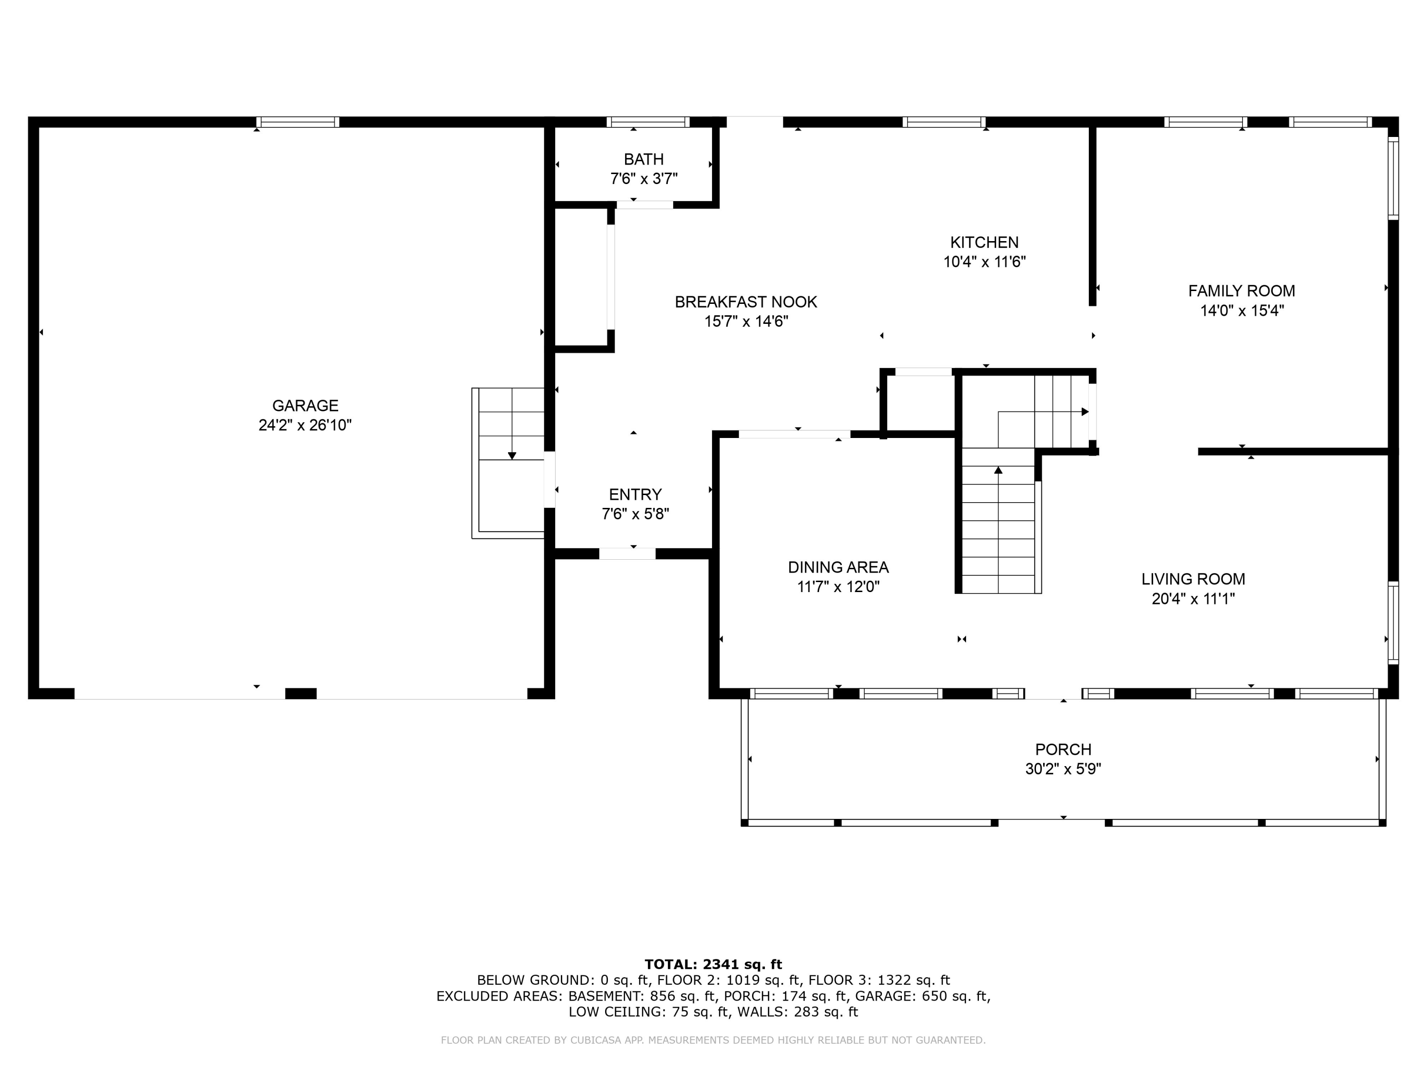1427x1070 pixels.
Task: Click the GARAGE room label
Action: tap(305, 406)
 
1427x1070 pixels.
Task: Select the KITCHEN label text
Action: tap(985, 243)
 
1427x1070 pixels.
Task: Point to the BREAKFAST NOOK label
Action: tap(746, 302)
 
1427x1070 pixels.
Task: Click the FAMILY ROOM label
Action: tap(1242, 291)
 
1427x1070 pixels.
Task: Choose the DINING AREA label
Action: tap(838, 567)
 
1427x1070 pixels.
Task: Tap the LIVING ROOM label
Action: tap(1193, 579)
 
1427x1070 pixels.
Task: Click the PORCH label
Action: tap(1063, 749)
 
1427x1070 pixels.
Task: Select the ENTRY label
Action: tap(635, 495)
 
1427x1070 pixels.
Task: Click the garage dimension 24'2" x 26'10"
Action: tap(305, 426)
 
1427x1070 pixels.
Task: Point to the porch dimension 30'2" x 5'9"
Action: tap(1063, 769)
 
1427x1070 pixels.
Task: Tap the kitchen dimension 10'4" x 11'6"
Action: tap(985, 262)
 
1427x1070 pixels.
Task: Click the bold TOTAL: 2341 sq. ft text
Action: tap(713, 964)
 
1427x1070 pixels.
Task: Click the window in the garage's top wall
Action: tap(298, 122)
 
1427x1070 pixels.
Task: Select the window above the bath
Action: tap(648, 122)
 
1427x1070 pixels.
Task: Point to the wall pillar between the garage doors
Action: tap(301, 693)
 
